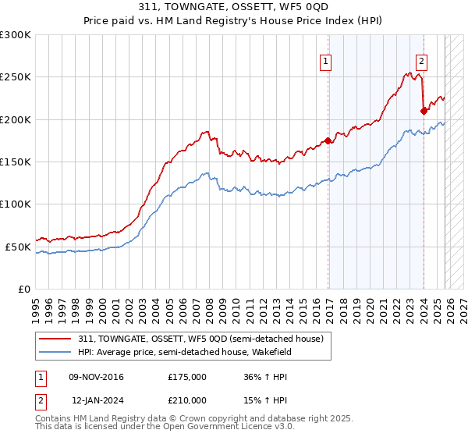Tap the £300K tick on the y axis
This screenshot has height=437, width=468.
coord(16,35)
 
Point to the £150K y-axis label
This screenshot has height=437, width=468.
coord(16,162)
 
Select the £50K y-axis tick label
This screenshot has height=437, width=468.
coord(18,247)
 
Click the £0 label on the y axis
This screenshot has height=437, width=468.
coord(24,289)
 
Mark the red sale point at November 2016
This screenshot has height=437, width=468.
coord(328,141)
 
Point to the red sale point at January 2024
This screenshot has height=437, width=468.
coord(424,111)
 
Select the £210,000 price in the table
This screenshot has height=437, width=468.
coord(186,400)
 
